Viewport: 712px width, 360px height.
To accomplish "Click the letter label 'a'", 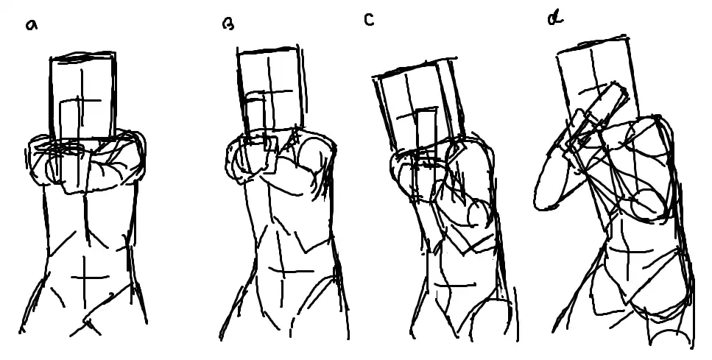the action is coord(32,25).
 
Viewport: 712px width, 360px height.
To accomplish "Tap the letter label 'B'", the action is coord(228,24).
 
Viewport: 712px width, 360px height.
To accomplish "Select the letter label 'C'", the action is coord(369,20).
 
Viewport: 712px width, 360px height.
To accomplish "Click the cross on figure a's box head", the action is coord(82,101).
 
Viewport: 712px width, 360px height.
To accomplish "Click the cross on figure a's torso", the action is coord(85,277).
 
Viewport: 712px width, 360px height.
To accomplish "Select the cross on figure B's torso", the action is coord(283,272).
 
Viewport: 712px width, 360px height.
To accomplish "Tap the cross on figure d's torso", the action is coord(628,250).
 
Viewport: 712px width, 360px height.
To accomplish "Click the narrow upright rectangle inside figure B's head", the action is coord(255,119).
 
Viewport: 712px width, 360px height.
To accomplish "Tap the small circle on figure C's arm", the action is coord(479,213).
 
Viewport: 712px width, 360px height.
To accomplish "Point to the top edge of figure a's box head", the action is coord(82,56).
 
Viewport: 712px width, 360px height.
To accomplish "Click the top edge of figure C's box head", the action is coord(414,67).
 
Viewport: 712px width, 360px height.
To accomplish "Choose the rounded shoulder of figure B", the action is coord(318,149).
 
